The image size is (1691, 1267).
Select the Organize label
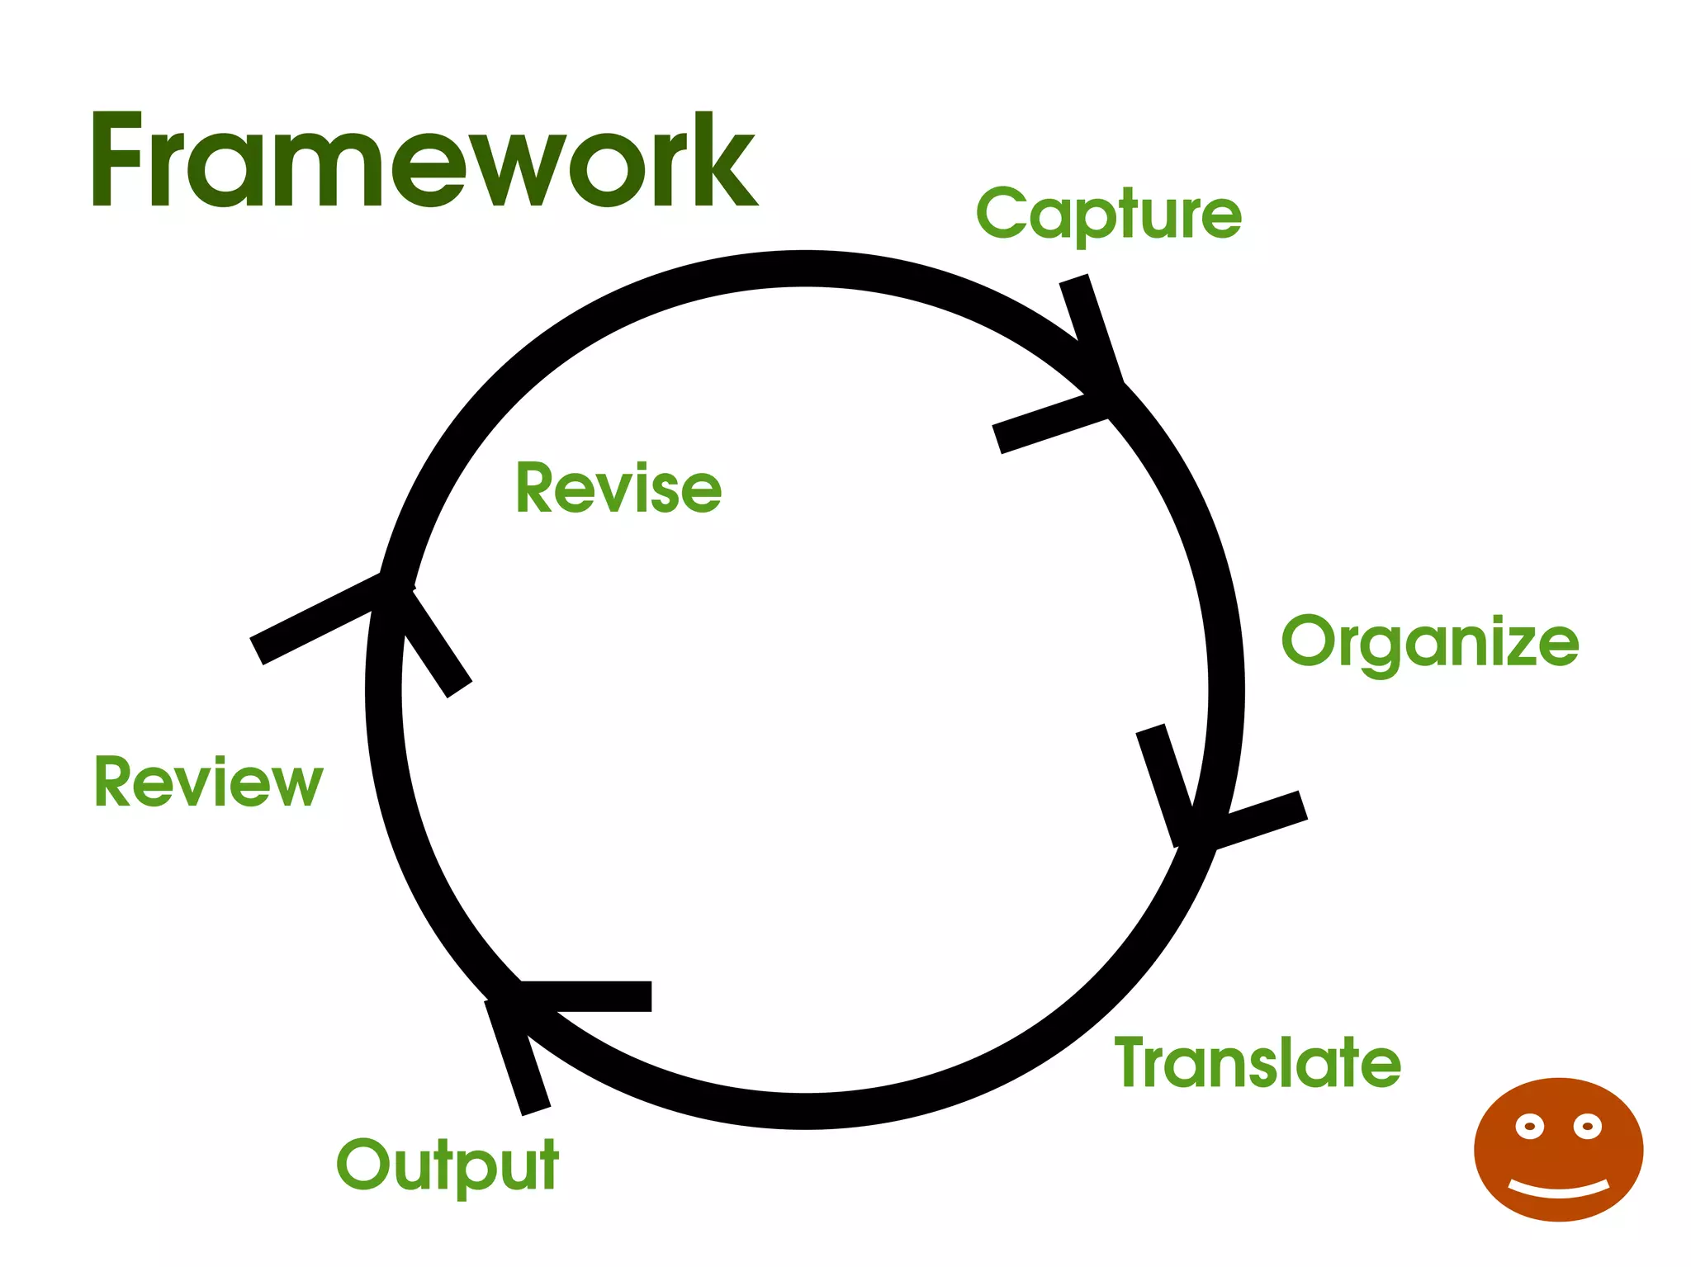(x=1429, y=642)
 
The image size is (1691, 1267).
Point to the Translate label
(x=1258, y=1062)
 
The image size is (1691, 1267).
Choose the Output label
(x=448, y=1165)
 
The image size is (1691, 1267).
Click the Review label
(x=208, y=782)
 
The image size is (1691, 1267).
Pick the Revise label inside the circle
(x=618, y=489)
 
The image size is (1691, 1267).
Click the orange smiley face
(x=1558, y=1149)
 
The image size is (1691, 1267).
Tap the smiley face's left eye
(x=1529, y=1127)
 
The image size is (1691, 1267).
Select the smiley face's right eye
(x=1587, y=1126)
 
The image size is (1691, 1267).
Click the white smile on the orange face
(x=1559, y=1189)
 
